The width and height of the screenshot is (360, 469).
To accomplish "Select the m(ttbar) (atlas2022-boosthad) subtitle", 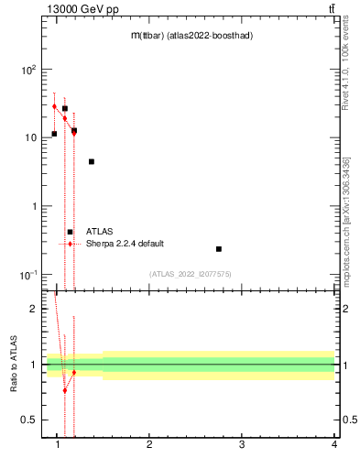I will point(191,35).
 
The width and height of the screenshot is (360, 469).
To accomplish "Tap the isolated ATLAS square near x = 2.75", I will point(219,249).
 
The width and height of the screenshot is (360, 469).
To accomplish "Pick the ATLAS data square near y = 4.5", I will point(92,161).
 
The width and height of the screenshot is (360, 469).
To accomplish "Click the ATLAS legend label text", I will point(99,232).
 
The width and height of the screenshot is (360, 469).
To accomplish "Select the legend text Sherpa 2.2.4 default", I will point(125,244).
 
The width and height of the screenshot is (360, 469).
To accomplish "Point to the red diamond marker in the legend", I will point(70,244).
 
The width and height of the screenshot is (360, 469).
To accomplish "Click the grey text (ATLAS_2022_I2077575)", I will point(191,274).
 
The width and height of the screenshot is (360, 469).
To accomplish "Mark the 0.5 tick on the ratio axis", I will point(29,420).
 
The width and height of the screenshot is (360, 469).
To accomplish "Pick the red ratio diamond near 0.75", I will point(65,390).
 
